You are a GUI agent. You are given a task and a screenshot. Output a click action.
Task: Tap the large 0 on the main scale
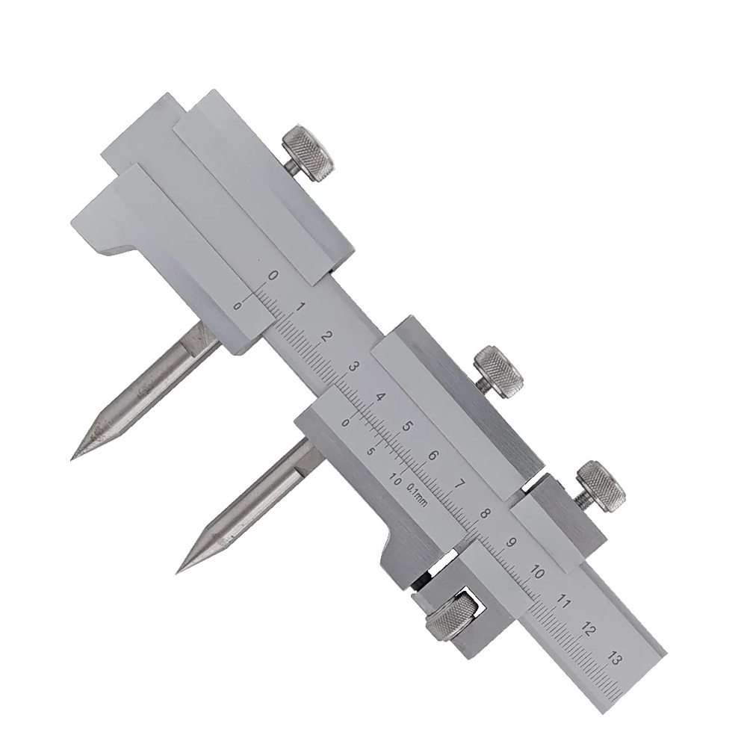pyautogui.click(x=273, y=276)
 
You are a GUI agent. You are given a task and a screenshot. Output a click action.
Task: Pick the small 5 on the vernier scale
pyautogui.click(x=371, y=451)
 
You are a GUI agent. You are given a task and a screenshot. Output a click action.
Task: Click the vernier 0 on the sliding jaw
pyautogui.click(x=347, y=422)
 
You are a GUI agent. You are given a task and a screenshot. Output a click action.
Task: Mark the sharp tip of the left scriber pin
pyautogui.click(x=72, y=459)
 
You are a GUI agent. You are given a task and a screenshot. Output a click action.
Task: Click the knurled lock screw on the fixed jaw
pyautogui.click(x=307, y=153)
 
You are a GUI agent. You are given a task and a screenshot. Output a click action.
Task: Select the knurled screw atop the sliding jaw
pyautogui.click(x=498, y=371)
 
